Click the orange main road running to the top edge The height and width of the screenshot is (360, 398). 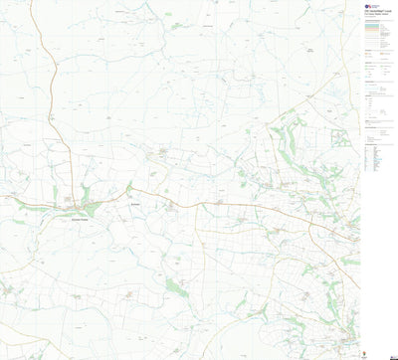pos(45,40)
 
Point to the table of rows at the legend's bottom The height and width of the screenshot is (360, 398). pos(377,155)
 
